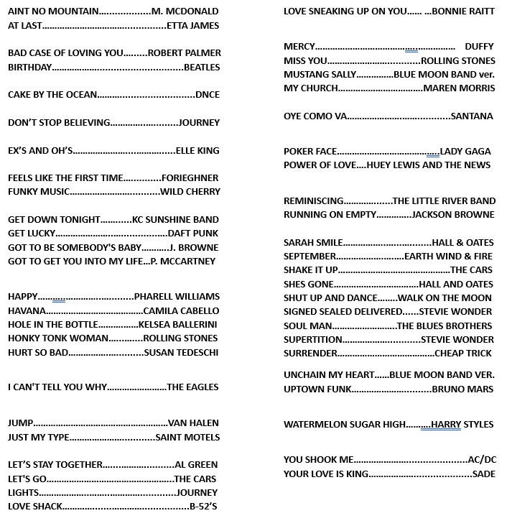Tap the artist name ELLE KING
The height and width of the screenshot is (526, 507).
tap(197, 151)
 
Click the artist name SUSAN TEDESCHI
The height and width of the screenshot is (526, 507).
tap(181, 353)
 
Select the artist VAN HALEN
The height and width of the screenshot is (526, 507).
tap(193, 423)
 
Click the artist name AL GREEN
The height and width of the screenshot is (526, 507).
tap(196, 465)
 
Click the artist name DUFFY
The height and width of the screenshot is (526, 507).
tap(479, 47)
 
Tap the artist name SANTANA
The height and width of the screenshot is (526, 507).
tap(472, 116)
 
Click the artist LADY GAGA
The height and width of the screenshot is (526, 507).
tap(465, 152)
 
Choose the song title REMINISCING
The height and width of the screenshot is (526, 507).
tap(314, 201)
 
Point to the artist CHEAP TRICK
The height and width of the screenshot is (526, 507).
tap(463, 354)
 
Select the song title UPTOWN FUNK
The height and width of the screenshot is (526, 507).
tap(317, 389)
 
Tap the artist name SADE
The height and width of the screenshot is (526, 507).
tap(483, 474)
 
